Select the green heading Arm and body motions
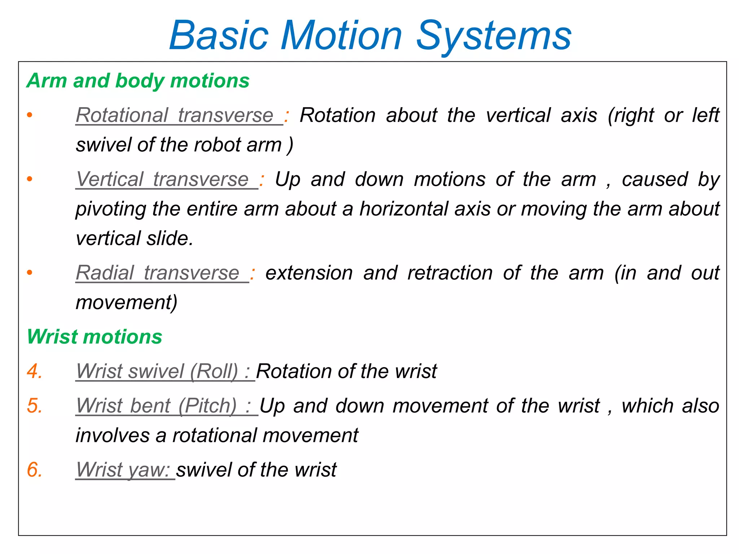(x=138, y=80)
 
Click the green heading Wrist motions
(x=95, y=337)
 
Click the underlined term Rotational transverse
(x=175, y=115)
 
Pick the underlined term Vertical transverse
(x=163, y=180)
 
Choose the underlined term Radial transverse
(x=158, y=273)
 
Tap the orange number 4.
(x=34, y=371)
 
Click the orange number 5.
(x=34, y=406)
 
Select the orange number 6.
(x=34, y=470)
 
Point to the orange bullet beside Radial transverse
(x=30, y=273)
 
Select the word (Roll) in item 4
(x=214, y=371)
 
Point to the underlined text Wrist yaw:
(x=123, y=470)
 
